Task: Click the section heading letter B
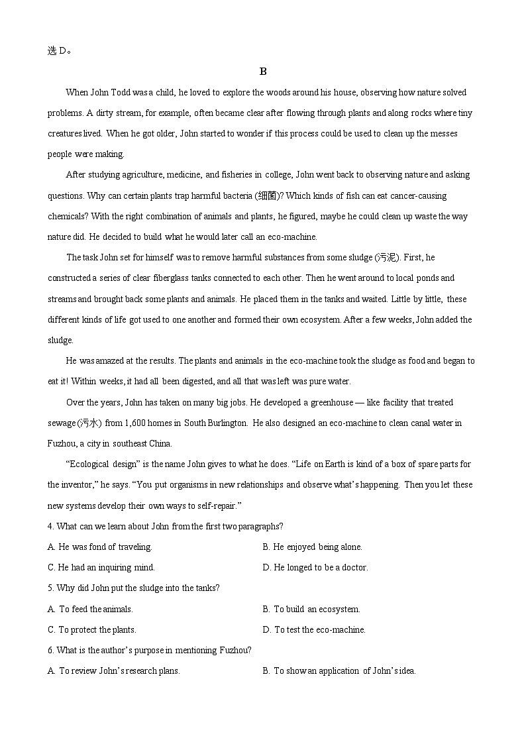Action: (263, 72)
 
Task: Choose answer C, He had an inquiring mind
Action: (101, 568)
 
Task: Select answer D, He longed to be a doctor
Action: (315, 568)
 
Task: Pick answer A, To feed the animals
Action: (91, 609)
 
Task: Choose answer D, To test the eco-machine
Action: (314, 629)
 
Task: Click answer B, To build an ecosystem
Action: (311, 609)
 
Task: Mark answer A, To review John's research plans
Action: (114, 670)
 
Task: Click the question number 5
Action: (50, 588)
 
